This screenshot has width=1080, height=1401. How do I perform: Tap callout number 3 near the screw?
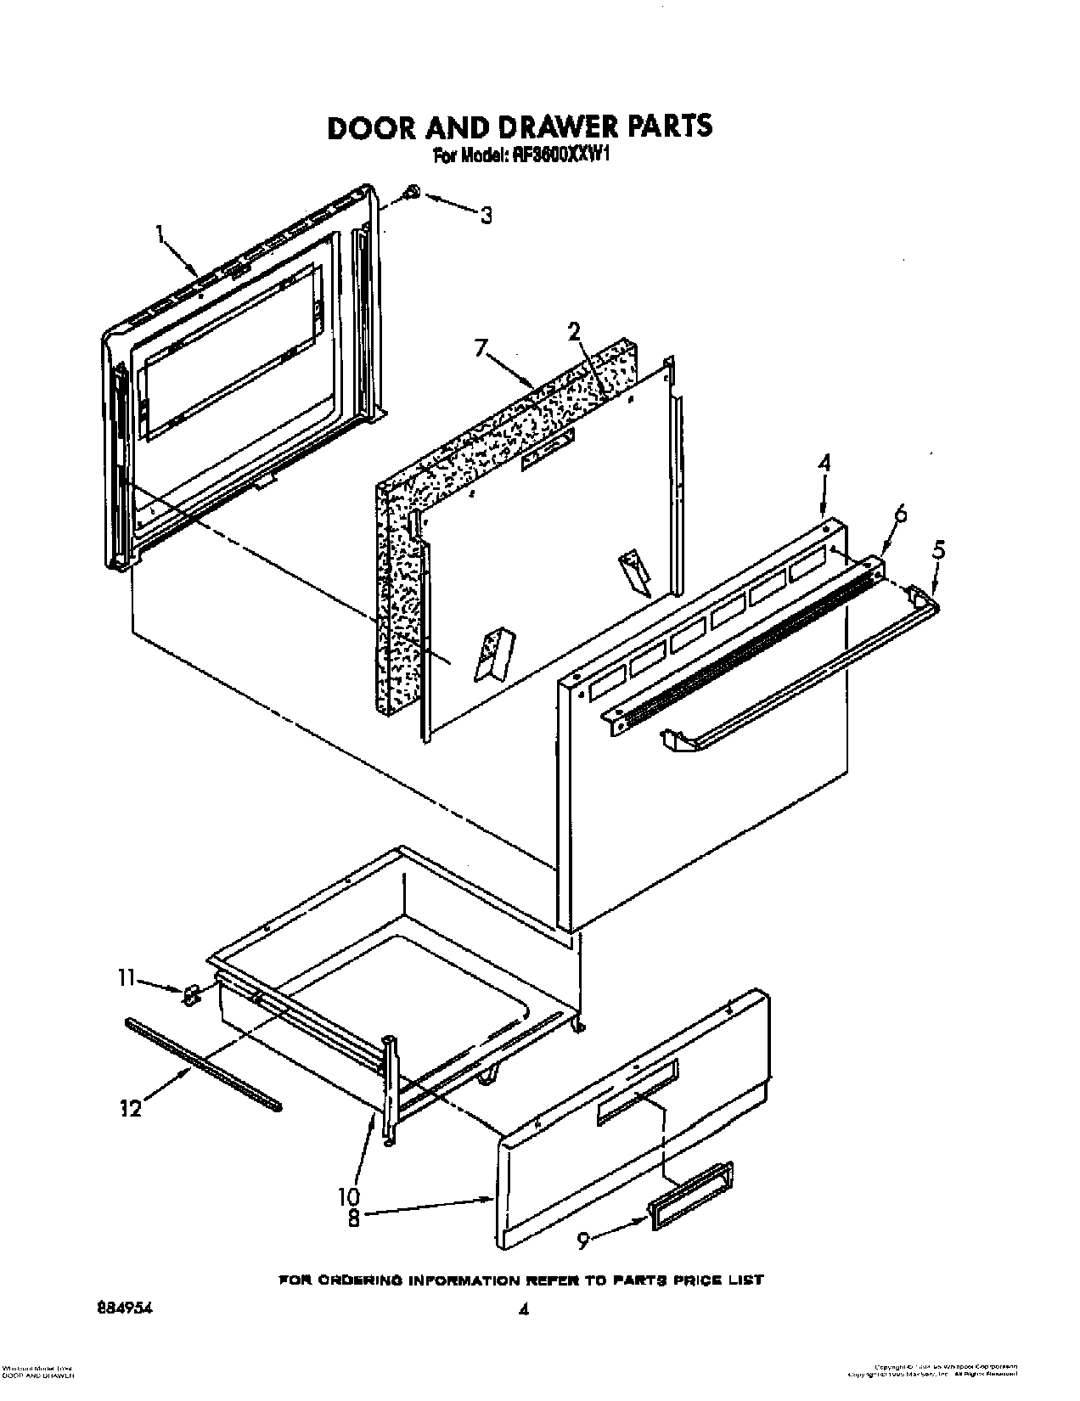coord(485,216)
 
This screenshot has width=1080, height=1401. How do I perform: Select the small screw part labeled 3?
coord(411,194)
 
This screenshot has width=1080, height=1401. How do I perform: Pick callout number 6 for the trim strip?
coord(900,514)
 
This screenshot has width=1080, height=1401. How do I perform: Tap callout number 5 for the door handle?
coord(937,549)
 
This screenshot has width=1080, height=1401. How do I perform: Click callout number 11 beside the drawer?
coord(126,978)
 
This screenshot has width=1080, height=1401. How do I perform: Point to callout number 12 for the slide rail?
coord(130,1109)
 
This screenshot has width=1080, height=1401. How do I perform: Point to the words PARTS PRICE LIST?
coord(699,1255)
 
